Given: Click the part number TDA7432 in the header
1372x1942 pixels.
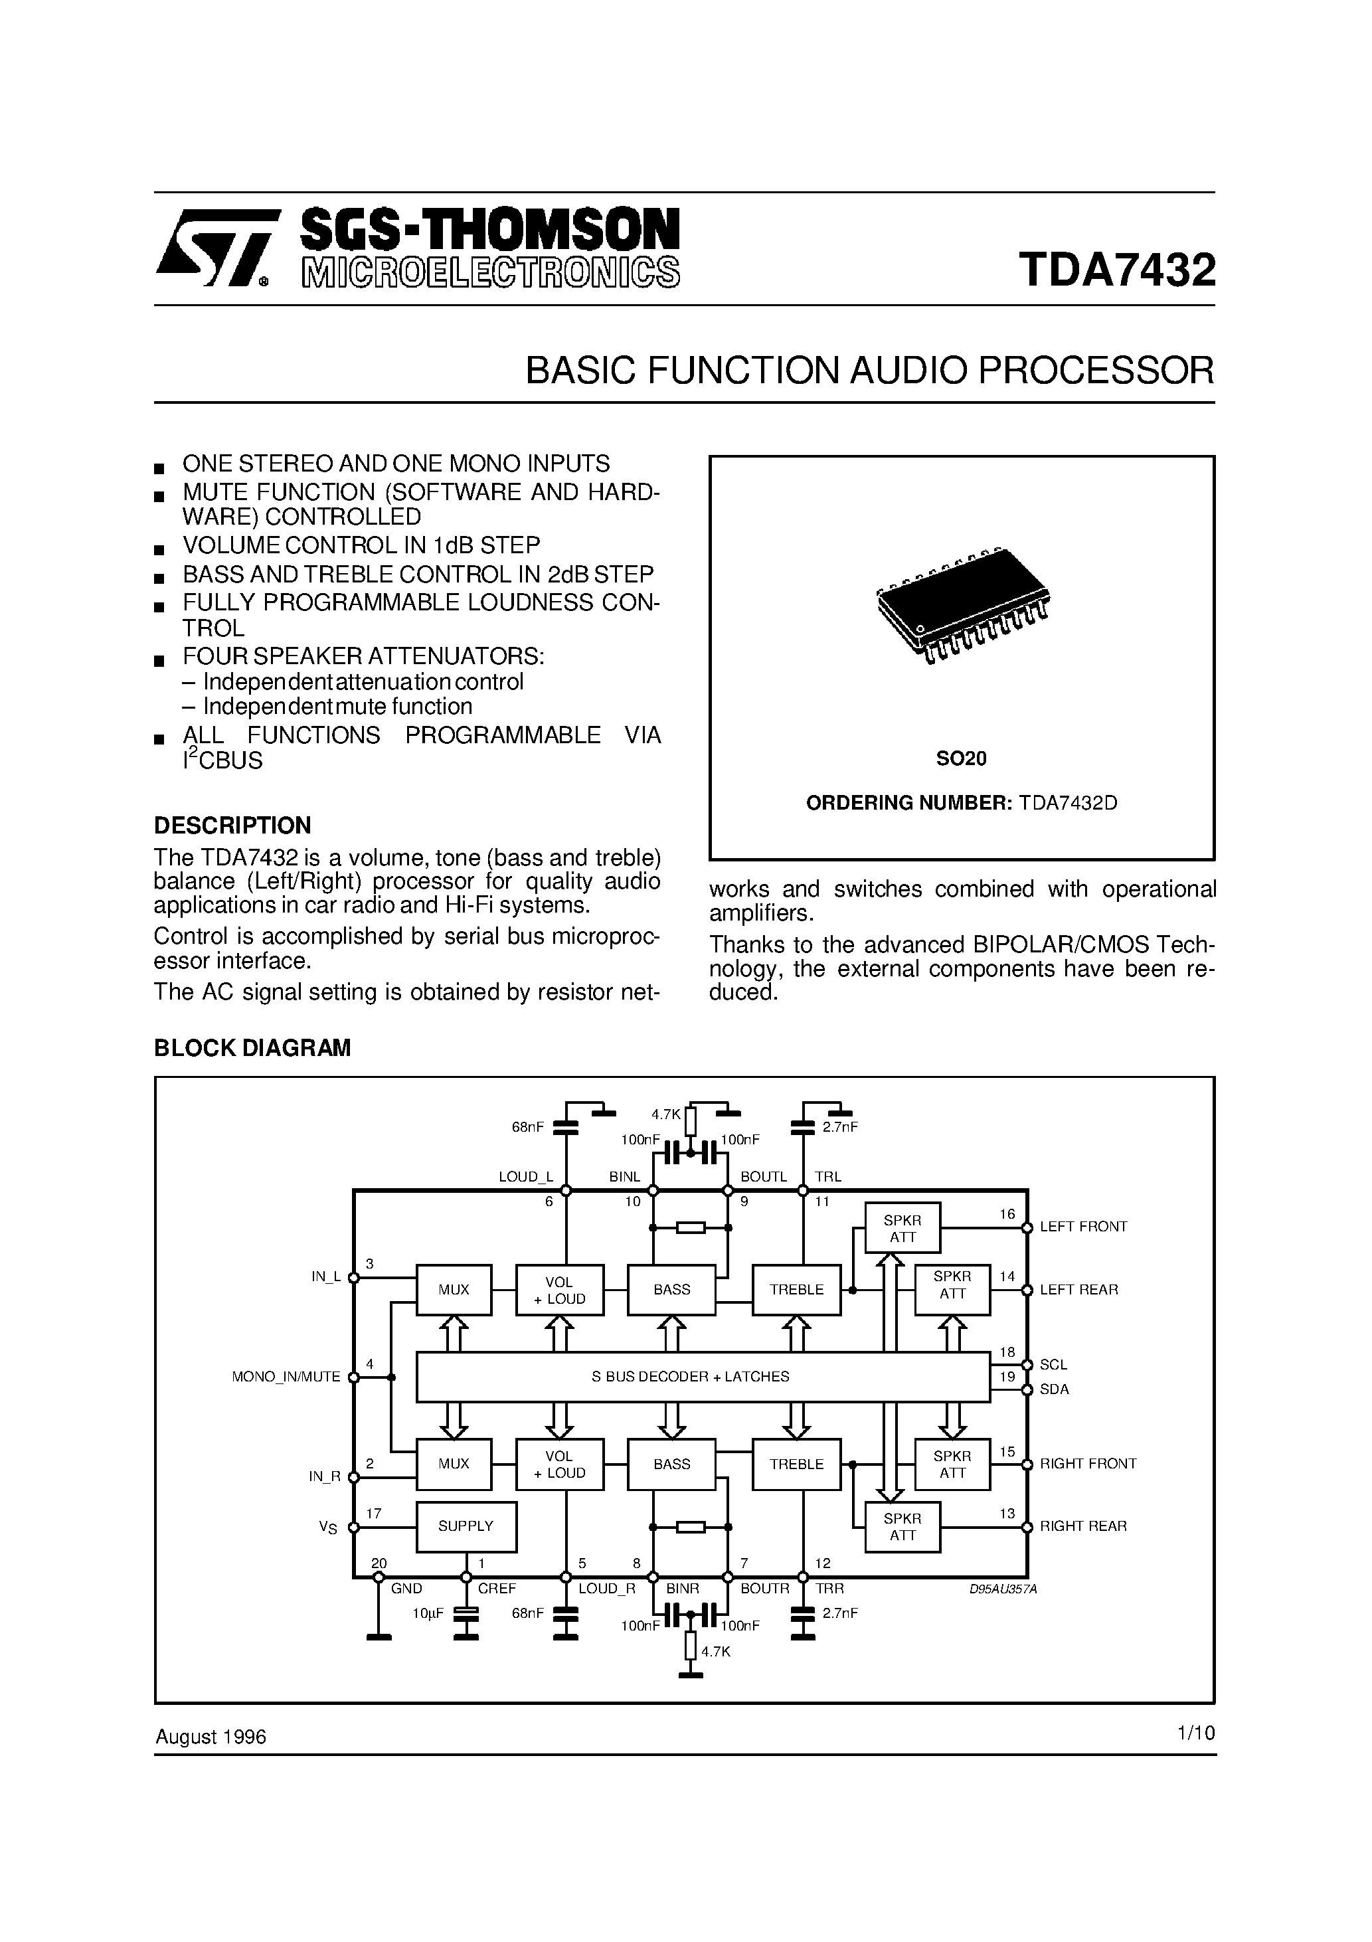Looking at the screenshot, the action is click(1116, 270).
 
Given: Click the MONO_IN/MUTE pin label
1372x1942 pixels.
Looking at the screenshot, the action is click(286, 1377).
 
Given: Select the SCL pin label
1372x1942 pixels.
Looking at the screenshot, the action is click(1053, 1364).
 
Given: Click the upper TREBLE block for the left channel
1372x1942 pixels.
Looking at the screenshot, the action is click(796, 1290).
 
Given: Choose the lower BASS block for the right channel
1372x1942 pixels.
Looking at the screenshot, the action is click(671, 1464).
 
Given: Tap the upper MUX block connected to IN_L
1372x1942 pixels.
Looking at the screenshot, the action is click(454, 1290).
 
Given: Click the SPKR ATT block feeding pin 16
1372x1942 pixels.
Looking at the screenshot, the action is click(902, 1228).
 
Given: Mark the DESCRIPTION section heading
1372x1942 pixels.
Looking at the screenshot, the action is click(232, 826).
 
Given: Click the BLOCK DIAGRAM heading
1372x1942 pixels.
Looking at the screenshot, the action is click(252, 1048).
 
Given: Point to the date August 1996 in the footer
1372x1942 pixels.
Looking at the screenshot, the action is click(211, 1737).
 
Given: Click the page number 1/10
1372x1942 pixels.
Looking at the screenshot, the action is click(1195, 1733).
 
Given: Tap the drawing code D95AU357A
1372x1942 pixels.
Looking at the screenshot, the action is click(1002, 1589).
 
